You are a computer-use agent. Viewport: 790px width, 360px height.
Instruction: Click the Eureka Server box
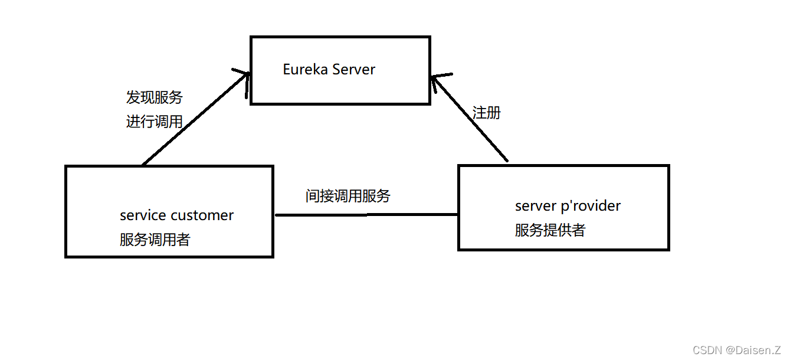click(x=340, y=89)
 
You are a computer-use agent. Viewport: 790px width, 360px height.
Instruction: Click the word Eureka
click(x=305, y=70)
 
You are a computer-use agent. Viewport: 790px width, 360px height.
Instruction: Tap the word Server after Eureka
click(x=353, y=70)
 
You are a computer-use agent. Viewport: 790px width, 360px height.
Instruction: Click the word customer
click(x=202, y=215)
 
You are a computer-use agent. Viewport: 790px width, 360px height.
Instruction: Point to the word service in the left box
click(x=143, y=215)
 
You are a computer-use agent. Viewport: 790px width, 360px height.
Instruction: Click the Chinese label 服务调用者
click(x=155, y=240)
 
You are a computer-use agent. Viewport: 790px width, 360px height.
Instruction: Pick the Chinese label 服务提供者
click(x=550, y=230)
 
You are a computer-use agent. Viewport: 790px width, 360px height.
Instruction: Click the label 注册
click(x=487, y=113)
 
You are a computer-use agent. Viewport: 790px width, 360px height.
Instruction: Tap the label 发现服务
click(x=155, y=97)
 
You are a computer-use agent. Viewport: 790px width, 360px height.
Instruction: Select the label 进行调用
click(x=155, y=122)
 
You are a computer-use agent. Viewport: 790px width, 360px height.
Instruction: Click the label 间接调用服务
click(x=348, y=196)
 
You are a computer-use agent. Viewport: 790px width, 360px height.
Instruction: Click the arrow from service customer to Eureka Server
click(x=195, y=118)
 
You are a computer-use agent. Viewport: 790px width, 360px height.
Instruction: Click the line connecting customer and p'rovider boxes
click(x=366, y=215)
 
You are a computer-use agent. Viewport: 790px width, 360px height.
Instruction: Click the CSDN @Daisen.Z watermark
click(x=737, y=350)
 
